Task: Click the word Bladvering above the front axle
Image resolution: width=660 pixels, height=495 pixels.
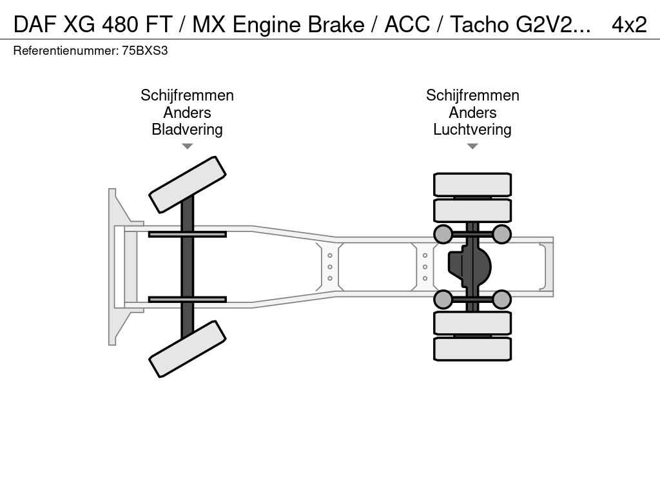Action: tap(187, 130)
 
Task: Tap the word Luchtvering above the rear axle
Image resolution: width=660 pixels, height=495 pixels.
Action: tap(472, 130)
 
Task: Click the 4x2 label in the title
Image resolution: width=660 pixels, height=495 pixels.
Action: tap(629, 24)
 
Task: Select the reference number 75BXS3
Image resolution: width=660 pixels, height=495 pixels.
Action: tap(145, 50)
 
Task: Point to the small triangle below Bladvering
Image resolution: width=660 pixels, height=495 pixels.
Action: tap(187, 146)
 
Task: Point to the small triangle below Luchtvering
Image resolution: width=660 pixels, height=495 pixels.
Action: tap(472, 146)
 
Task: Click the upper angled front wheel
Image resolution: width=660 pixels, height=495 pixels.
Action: tap(188, 184)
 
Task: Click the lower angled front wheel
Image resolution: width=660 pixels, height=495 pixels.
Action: tap(188, 349)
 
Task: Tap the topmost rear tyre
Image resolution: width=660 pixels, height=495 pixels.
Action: tap(472, 185)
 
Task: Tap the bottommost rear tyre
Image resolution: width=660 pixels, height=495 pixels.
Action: tap(472, 349)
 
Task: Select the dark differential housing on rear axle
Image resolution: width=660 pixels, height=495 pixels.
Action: tap(471, 266)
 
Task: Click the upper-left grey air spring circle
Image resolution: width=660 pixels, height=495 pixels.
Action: tap(443, 234)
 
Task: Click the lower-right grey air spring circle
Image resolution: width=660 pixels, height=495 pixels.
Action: tap(501, 299)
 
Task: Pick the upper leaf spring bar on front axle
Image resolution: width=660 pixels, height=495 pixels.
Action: tap(187, 234)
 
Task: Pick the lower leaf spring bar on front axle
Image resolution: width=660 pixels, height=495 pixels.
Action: tap(187, 299)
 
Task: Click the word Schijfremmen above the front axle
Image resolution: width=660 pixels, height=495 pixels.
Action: tap(187, 95)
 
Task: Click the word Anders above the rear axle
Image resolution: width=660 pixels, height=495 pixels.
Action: tap(472, 113)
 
